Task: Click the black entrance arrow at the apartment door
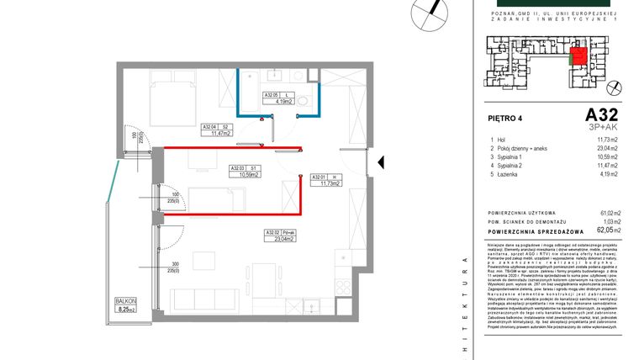(x=380, y=161)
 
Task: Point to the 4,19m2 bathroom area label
(x=281, y=102)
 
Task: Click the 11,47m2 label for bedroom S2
(x=219, y=133)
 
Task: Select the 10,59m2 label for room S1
(x=246, y=175)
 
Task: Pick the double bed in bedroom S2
(x=173, y=94)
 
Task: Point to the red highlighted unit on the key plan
(x=578, y=58)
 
